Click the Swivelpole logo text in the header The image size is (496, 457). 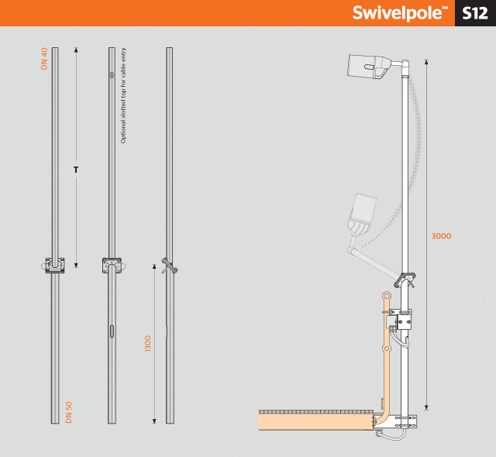tap(400, 13)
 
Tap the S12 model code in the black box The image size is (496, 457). tap(475, 13)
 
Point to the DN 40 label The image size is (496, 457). tap(44, 58)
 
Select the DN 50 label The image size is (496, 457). tap(69, 412)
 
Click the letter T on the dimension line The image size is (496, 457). tap(76, 170)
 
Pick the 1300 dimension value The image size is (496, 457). tap(147, 344)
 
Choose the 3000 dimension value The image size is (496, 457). tap(441, 235)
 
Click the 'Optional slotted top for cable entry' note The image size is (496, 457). tap(123, 95)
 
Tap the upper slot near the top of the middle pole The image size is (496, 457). tap(112, 75)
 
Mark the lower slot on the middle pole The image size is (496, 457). tap(112, 332)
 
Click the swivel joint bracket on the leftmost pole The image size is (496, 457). tap(54, 266)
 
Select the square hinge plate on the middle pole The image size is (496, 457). tap(112, 265)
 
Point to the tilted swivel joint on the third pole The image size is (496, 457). tap(169, 266)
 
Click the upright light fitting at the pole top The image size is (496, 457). tap(370, 67)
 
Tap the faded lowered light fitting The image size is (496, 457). tap(362, 215)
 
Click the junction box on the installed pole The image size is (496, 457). tap(405, 322)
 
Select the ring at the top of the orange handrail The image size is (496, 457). tap(387, 297)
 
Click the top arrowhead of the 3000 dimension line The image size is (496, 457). tap(426, 62)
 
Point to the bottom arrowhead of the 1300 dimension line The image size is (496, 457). tap(154, 421)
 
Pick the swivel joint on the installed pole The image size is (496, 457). tap(405, 280)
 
